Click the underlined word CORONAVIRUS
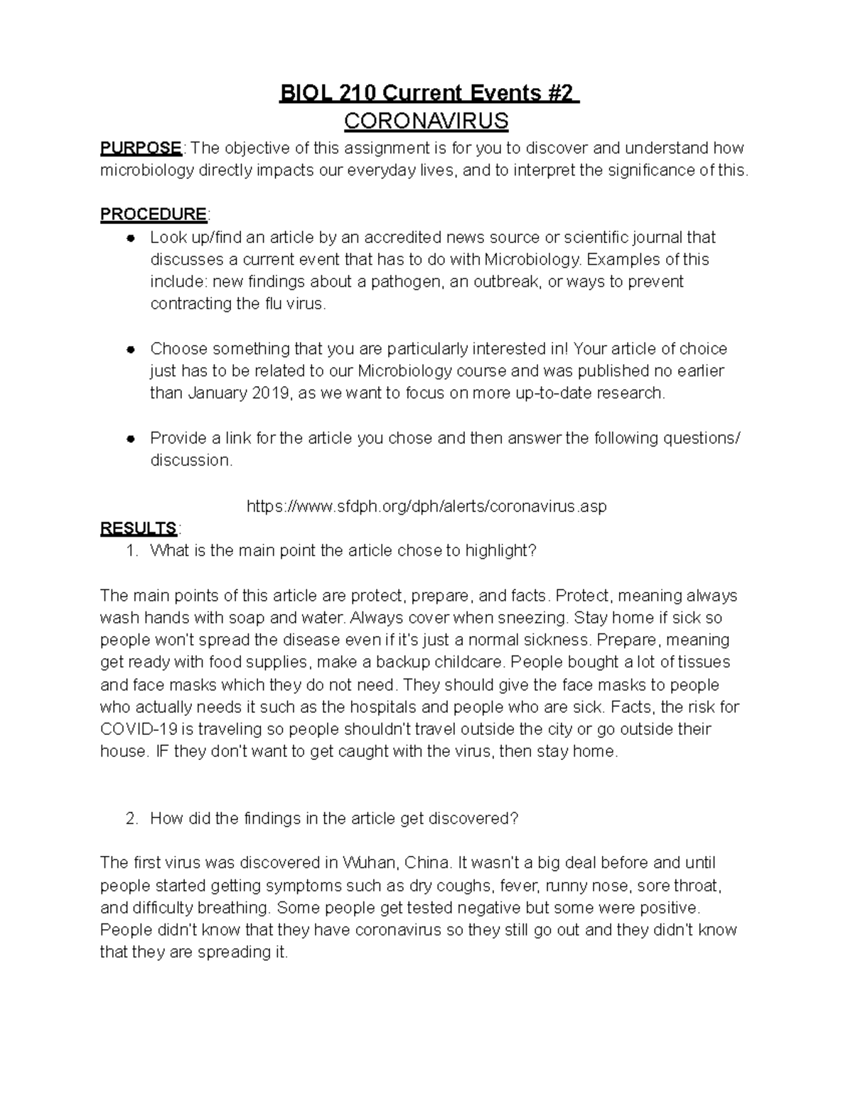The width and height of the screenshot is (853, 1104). click(x=426, y=122)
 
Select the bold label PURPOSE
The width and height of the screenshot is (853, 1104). click(x=141, y=148)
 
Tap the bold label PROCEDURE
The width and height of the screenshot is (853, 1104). click(x=153, y=214)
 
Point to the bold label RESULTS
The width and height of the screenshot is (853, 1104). click(x=139, y=528)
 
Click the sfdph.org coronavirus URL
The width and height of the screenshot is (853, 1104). click(x=426, y=506)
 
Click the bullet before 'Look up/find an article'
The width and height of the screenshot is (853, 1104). click(x=131, y=237)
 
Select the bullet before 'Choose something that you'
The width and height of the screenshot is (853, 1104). click(x=131, y=349)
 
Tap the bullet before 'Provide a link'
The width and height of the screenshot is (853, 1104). click(x=131, y=439)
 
